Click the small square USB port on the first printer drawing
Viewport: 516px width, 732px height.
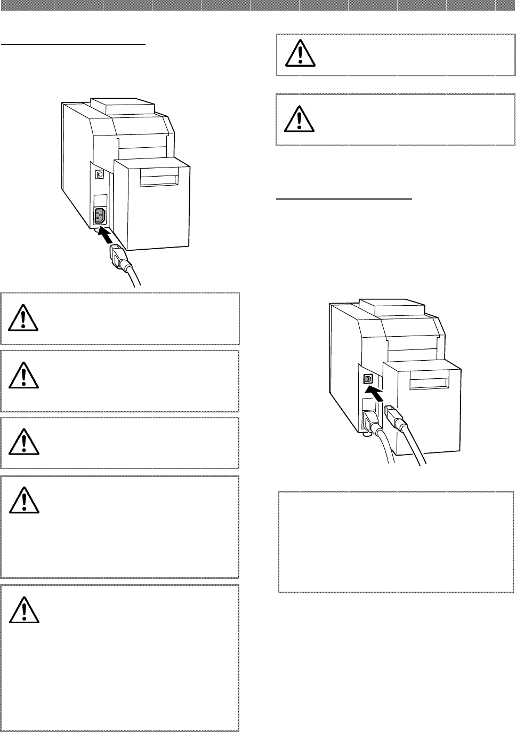tap(99, 174)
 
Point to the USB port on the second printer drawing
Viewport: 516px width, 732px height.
tap(367, 379)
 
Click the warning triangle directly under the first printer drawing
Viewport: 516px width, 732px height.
tap(23, 318)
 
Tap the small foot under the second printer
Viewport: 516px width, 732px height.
tap(366, 434)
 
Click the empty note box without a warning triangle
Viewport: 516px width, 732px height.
tap(396, 542)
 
